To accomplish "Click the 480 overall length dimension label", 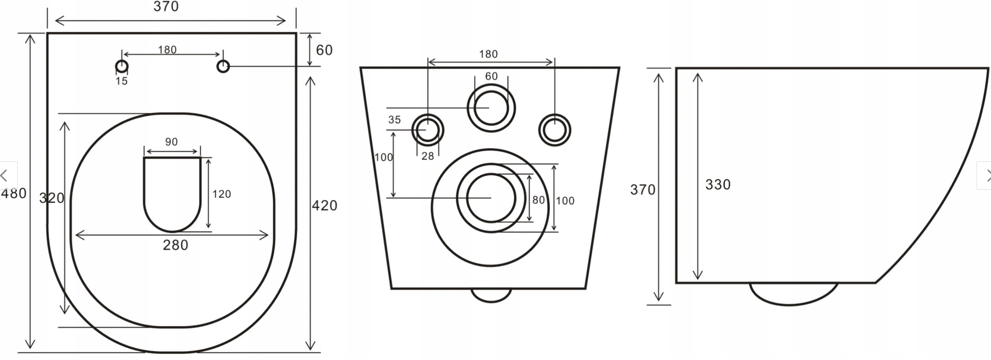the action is [x=14, y=193].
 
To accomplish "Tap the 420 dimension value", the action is [x=324, y=205].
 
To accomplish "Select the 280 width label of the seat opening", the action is [x=175, y=245].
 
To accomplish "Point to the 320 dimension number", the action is [x=52, y=198].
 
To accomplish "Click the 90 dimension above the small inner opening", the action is [x=171, y=142].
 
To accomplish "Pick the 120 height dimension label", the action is [x=222, y=194].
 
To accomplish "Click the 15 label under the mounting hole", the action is [x=122, y=81].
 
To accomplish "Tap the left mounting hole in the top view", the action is [x=122, y=67].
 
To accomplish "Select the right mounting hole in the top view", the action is [x=223, y=67].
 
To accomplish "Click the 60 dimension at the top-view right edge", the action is [x=324, y=50].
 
